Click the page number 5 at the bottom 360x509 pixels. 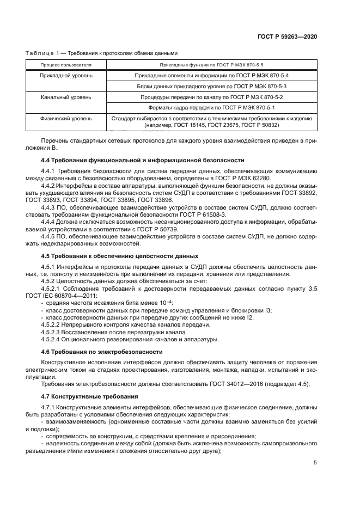315,463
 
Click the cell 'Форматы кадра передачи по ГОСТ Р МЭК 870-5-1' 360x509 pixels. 211,107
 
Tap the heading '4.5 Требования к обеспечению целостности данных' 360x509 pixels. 120,256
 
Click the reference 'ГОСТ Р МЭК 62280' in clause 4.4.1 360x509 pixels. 236,179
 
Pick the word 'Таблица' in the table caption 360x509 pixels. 38,53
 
